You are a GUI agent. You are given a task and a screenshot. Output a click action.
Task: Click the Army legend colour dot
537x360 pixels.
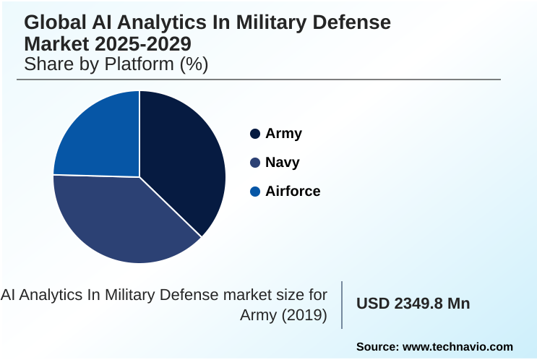coord(254,134)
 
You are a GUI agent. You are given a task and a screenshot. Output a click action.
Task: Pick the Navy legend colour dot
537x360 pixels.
coord(254,163)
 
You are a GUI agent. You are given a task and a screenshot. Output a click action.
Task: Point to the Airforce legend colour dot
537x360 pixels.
coord(254,192)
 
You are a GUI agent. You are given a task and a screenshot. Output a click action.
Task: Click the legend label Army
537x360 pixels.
coord(283,134)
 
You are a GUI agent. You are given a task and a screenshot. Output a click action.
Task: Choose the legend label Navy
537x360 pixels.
coord(283,163)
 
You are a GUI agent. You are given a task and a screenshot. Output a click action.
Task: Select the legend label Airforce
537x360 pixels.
coord(293,192)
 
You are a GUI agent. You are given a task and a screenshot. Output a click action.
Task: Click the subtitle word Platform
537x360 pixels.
coord(139,64)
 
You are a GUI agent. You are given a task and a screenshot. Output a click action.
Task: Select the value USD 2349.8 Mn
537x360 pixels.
coord(413,304)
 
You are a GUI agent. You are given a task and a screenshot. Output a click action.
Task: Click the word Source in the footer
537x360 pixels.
coord(377,347)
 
